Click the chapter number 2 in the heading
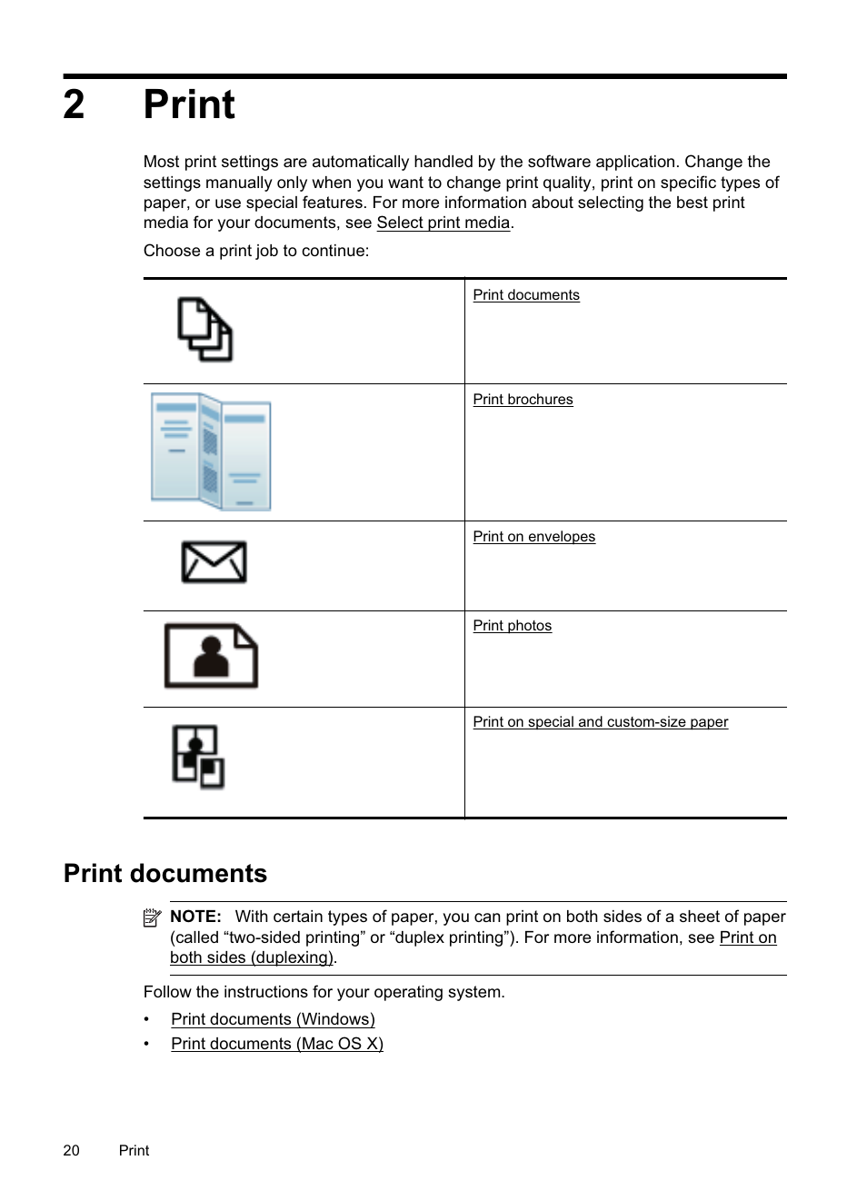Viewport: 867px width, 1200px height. [x=74, y=105]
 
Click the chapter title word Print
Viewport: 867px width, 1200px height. [x=189, y=105]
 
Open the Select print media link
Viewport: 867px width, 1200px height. [x=443, y=223]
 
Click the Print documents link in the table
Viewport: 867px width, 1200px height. [x=525, y=295]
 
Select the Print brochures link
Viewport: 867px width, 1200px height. [x=523, y=400]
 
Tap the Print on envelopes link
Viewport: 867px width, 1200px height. [x=533, y=537]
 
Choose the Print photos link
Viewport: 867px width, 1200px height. [x=512, y=626]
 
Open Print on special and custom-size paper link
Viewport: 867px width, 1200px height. [x=600, y=722]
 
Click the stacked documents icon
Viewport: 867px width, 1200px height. [x=204, y=330]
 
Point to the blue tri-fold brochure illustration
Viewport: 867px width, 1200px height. [x=211, y=451]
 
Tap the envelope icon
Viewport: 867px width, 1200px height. [x=214, y=562]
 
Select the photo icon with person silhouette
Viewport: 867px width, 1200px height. [x=211, y=656]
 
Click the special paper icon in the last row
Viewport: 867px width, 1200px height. [x=198, y=757]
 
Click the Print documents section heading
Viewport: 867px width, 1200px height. [x=165, y=873]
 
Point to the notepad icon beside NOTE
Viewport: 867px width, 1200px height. [x=152, y=918]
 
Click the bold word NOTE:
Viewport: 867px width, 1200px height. [x=195, y=917]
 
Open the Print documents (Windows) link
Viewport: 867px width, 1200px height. [x=273, y=1019]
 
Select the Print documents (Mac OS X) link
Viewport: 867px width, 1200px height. [x=276, y=1044]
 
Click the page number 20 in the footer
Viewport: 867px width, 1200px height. [x=72, y=1150]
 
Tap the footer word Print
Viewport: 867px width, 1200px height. [x=134, y=1150]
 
